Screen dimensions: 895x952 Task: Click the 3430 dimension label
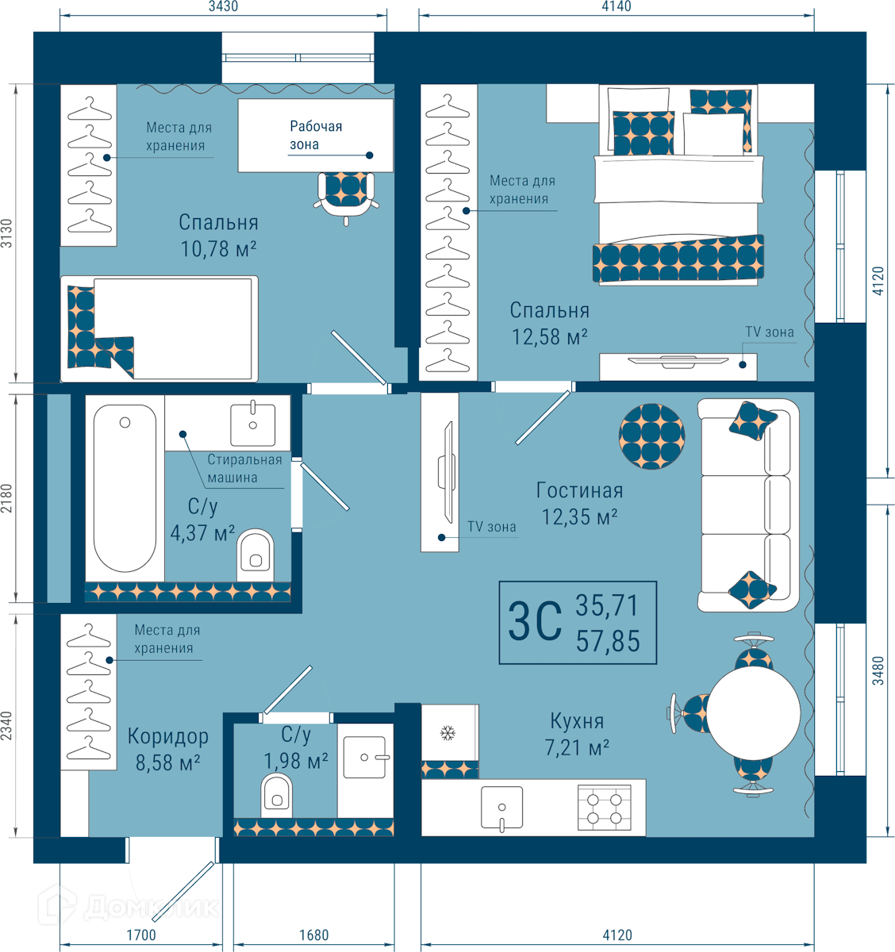pos(224,6)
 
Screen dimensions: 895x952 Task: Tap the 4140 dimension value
pos(617,6)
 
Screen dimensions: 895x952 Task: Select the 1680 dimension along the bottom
pos(314,935)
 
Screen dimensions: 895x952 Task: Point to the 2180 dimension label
pos(6,498)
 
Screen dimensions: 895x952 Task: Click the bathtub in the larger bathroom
pos(125,488)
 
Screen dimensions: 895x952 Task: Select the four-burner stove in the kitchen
pos(605,808)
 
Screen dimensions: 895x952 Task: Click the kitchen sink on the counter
pos(501,808)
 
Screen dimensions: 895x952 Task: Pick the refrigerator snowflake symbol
pos(447,733)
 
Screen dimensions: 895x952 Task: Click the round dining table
pos(754,713)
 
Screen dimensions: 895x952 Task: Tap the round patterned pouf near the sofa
pos(651,436)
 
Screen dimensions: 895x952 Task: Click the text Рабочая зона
pos(316,135)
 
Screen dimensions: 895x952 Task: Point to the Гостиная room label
pos(579,490)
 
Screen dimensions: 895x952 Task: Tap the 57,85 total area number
pos(608,641)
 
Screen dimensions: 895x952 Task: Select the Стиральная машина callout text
pos(244,468)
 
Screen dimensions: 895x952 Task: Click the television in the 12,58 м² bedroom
pos(678,362)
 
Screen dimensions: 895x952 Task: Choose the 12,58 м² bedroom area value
pos(550,337)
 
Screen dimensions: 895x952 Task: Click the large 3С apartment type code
pos(535,622)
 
